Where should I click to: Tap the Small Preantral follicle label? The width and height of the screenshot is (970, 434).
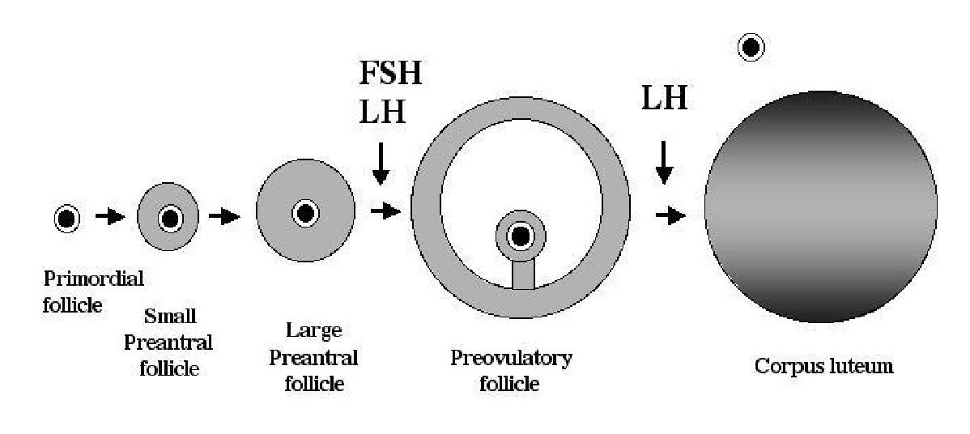pyautogui.click(x=168, y=342)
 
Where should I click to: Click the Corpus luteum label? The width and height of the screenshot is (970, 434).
pyautogui.click(x=823, y=366)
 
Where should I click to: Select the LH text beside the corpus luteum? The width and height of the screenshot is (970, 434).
pyautogui.click(x=664, y=99)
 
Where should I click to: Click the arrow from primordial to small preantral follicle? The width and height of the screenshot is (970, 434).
pyautogui.click(x=109, y=216)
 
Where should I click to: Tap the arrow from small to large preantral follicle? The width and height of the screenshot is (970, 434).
pyautogui.click(x=223, y=216)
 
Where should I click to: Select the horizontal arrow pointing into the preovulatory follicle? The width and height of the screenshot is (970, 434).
pyautogui.click(x=385, y=211)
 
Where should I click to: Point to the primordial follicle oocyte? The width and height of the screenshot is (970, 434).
pyautogui.click(x=66, y=217)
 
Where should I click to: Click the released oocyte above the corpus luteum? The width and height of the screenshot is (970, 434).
pyautogui.click(x=751, y=48)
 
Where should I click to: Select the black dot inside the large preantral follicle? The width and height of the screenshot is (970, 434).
pyautogui.click(x=305, y=213)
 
